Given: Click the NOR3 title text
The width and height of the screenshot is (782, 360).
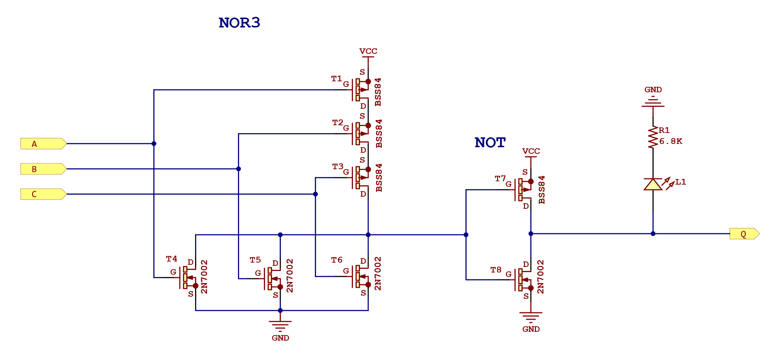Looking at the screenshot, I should (x=239, y=23).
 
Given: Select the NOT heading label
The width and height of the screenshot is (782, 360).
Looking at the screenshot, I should (x=490, y=142).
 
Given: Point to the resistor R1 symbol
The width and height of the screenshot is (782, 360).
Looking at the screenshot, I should (x=653, y=137).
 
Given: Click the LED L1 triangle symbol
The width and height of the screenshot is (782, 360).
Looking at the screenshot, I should (x=653, y=184).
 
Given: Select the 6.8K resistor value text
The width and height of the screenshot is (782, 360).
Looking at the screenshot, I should (x=670, y=141).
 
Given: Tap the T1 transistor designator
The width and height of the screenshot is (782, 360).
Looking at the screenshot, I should (x=336, y=78).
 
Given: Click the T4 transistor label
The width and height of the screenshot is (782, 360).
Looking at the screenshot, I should (x=171, y=259).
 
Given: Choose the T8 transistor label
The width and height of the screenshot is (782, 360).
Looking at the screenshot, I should (x=496, y=270).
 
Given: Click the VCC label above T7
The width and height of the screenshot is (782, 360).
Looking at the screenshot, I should (x=531, y=151).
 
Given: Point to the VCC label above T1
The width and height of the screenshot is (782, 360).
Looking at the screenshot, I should (x=368, y=51).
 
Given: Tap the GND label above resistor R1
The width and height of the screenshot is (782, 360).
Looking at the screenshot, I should (x=653, y=90).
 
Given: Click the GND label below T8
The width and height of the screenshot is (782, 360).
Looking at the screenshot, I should (x=531, y=329).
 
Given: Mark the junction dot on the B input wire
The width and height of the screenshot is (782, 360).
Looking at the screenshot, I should (x=238, y=169).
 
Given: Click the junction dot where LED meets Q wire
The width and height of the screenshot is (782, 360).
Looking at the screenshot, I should (x=653, y=234).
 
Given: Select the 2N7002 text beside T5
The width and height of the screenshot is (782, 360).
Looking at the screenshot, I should (x=290, y=275).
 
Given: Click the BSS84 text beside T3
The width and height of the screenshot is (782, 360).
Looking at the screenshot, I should (x=379, y=178).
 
